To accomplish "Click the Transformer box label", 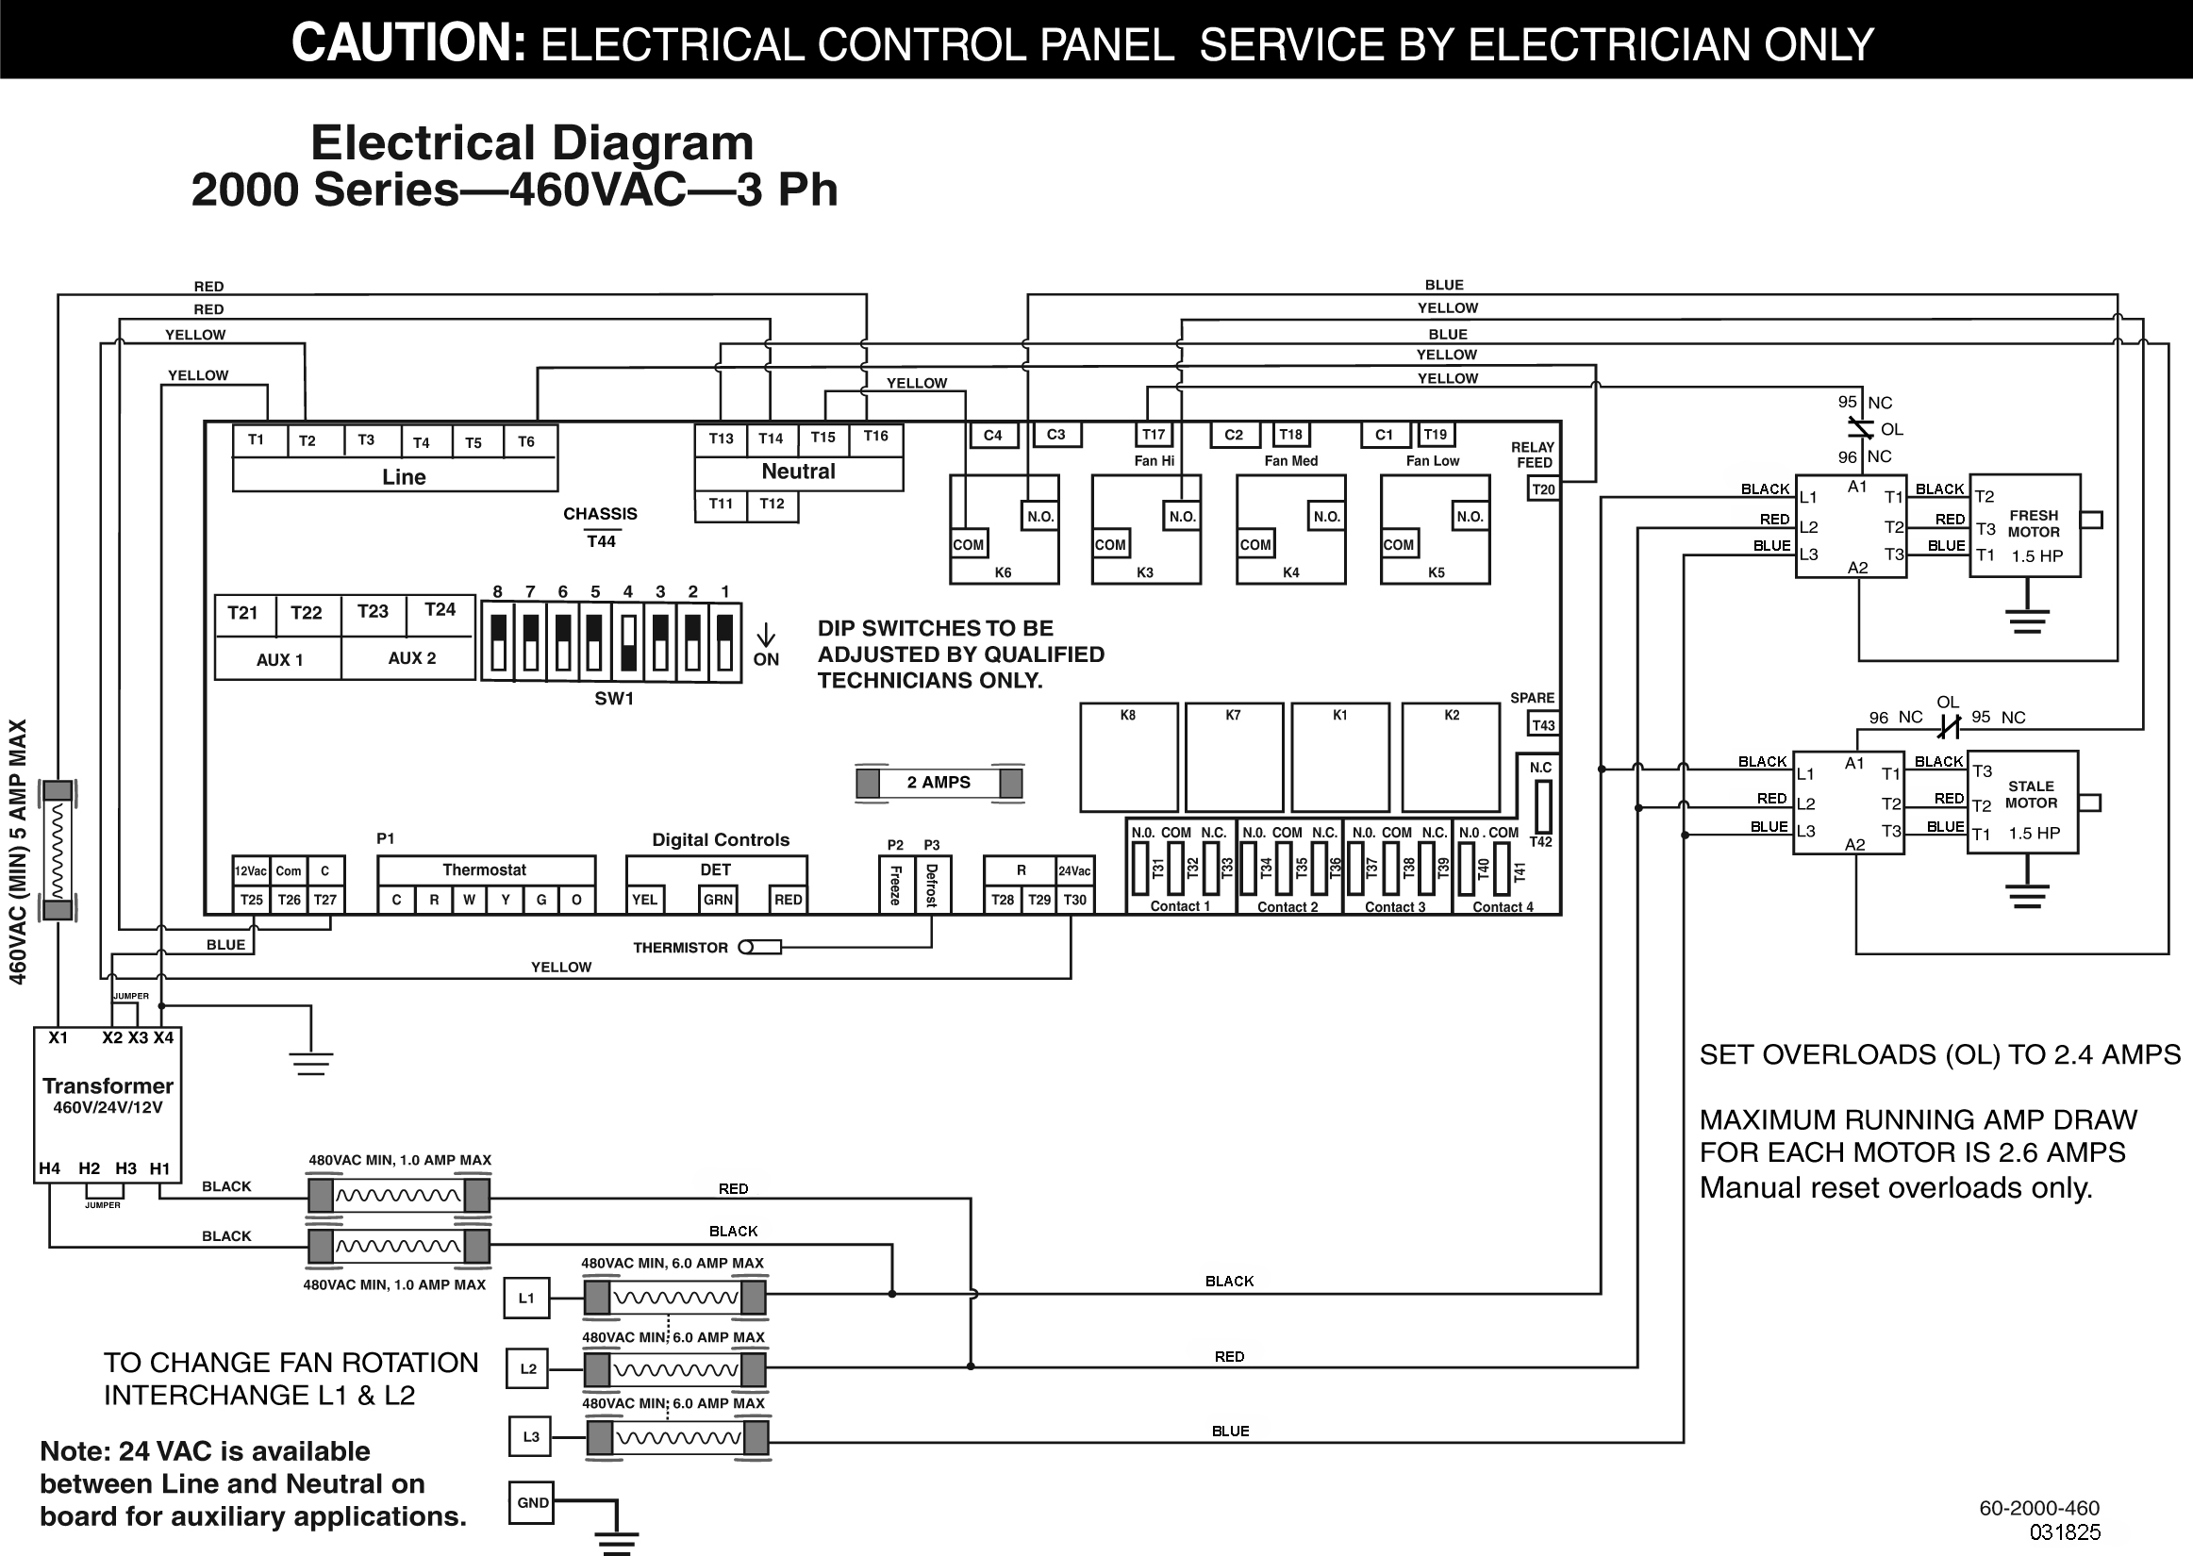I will pos(108,1086).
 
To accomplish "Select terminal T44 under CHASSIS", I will pos(601,541).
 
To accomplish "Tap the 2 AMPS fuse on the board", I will pos(939,783).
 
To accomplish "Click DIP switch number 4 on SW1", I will pos(628,642).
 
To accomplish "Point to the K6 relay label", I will pos(1002,573).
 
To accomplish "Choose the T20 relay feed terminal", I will pos(1543,489).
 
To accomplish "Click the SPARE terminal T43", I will pos(1543,724).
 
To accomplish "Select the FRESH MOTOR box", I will pos(2024,525).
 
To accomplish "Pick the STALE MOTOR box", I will pos(2021,802).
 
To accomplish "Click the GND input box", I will pos(533,1502).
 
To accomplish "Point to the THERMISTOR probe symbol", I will pos(760,948).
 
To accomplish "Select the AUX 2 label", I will pos(412,658).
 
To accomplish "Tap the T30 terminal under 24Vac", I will pos(1075,900).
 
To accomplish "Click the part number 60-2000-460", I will pos(2038,1509).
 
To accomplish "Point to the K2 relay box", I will pos(1451,757).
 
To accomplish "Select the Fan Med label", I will pos(1290,461).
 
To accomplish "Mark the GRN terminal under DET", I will pos(718,900).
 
